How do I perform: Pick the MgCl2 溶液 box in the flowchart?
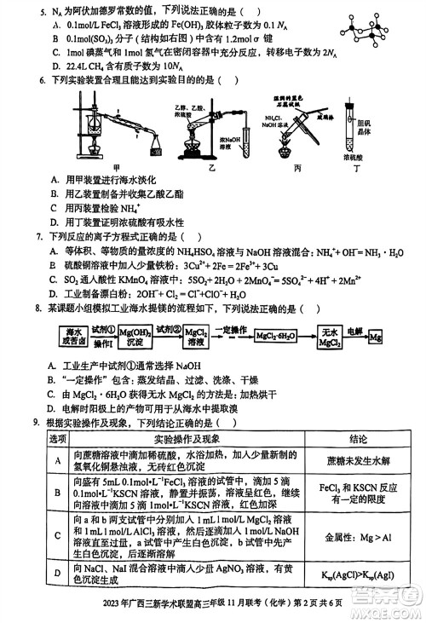(194, 335)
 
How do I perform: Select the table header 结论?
(359, 438)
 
